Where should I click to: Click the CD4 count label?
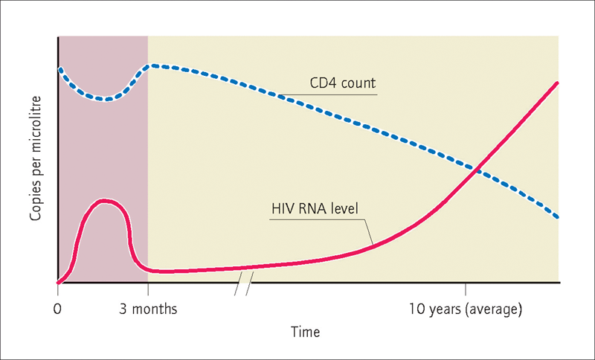click(x=343, y=83)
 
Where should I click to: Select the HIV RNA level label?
click(x=315, y=209)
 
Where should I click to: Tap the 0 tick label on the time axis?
click(x=58, y=309)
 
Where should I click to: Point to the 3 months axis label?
click(x=148, y=309)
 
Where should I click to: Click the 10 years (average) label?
click(x=466, y=309)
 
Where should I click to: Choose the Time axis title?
click(x=305, y=332)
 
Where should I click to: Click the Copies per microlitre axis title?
click(x=35, y=158)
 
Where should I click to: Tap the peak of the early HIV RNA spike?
click(x=103, y=202)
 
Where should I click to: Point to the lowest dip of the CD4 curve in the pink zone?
click(x=106, y=100)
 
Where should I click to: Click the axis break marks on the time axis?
click(x=244, y=285)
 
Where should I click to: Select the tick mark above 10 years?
click(x=466, y=289)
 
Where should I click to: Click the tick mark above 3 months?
click(x=148, y=289)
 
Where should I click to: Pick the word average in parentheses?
click(x=493, y=310)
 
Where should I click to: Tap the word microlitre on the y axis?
click(x=35, y=124)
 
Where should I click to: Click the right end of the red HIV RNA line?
click(x=556, y=83)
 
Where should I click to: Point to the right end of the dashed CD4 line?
click(x=557, y=217)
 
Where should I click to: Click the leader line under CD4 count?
click(x=329, y=94)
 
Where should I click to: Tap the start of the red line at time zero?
click(x=59, y=282)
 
